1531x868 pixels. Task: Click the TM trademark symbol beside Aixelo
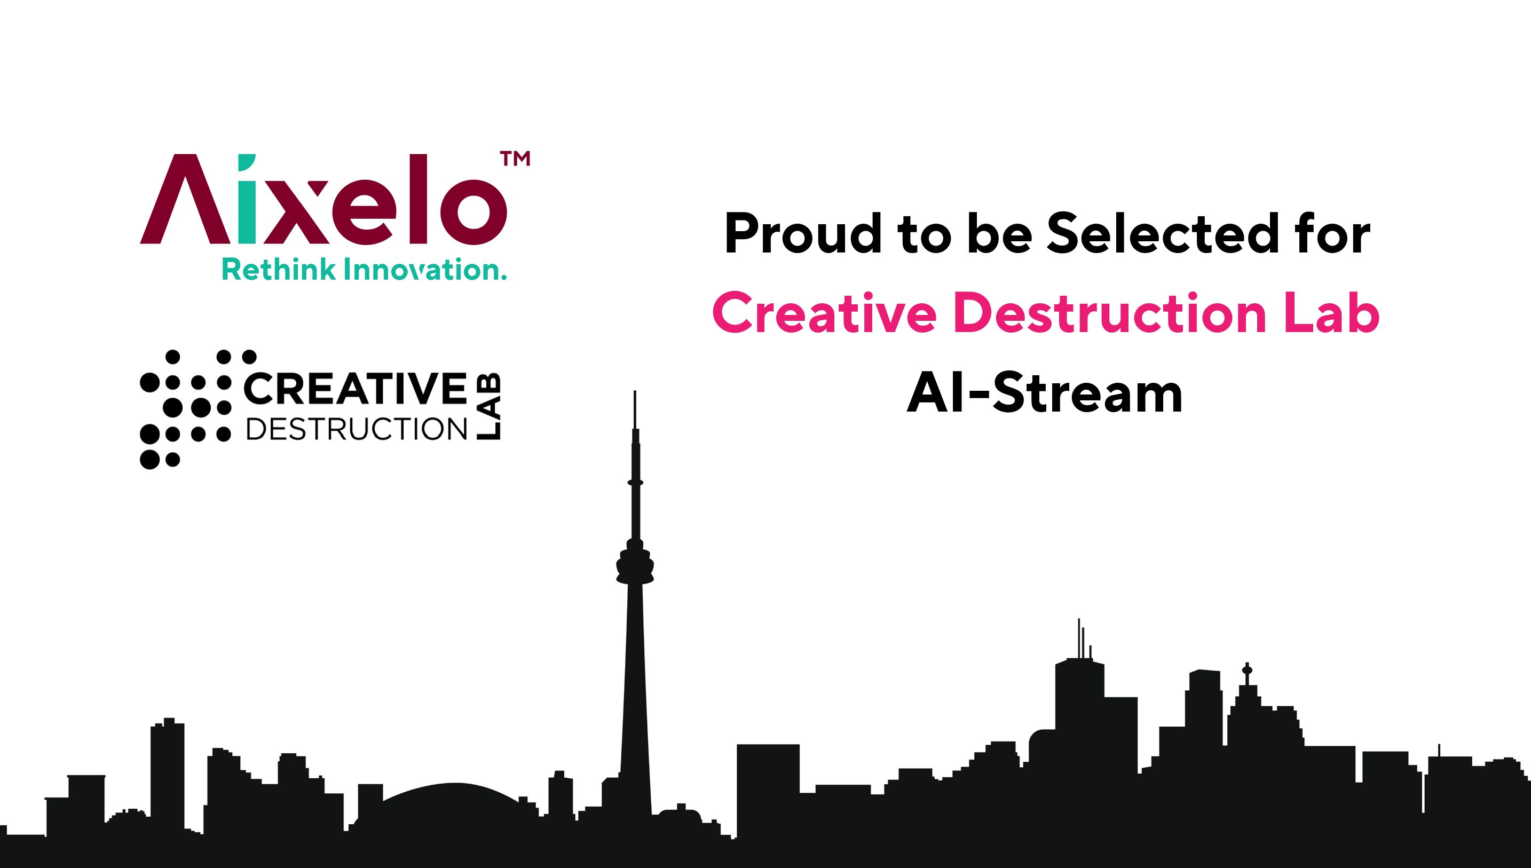coord(515,158)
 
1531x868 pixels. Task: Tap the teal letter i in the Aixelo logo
coord(247,199)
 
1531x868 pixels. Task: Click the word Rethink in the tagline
coord(279,270)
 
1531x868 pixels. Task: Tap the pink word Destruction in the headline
coord(1110,313)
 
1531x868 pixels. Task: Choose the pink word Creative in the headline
coord(825,313)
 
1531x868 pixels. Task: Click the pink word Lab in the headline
coord(1332,313)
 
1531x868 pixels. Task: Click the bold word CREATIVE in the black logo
coord(355,389)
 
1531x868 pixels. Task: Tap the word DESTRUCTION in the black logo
coord(357,429)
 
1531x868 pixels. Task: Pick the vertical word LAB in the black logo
coord(488,407)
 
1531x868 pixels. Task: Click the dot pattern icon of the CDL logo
coord(185,409)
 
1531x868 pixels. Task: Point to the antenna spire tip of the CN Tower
coord(635,392)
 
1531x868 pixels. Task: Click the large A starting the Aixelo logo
coord(185,199)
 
